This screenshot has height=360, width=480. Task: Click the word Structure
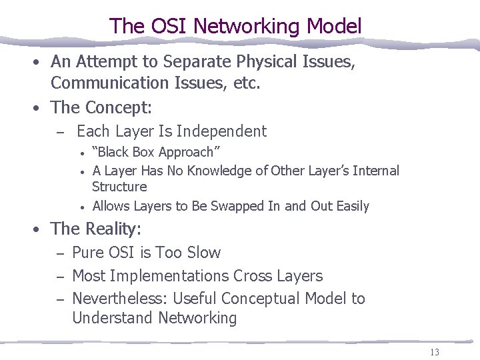(119, 187)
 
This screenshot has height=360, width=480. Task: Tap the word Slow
(203, 253)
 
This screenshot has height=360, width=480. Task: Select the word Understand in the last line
(113, 318)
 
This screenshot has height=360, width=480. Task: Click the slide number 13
(434, 351)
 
